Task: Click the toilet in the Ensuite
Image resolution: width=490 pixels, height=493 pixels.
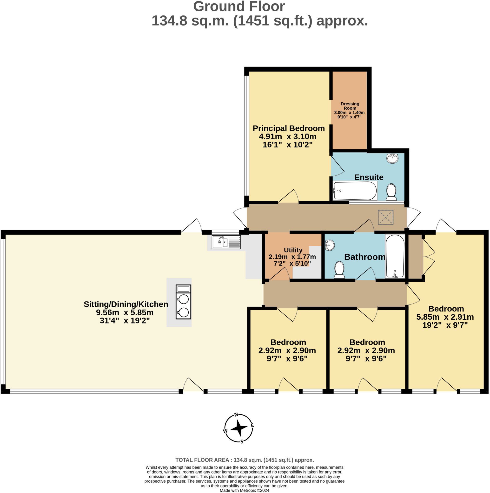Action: coord(391,192)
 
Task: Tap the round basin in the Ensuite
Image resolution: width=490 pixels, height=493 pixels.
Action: coord(392,158)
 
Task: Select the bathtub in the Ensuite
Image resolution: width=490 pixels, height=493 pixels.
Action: coord(355,191)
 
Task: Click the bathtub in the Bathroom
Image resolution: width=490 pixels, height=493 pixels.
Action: coord(395,256)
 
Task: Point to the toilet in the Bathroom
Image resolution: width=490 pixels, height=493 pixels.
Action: coord(339,269)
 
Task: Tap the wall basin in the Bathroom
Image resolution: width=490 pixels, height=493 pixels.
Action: coord(330,246)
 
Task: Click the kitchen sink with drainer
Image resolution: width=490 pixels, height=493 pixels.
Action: coord(226,242)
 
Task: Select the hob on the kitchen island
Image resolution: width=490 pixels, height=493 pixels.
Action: coord(183,302)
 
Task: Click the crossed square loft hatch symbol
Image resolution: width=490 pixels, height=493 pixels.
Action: coord(385,217)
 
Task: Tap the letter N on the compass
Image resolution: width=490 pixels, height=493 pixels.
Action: coord(236,415)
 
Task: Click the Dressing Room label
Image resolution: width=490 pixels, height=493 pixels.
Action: coord(350,106)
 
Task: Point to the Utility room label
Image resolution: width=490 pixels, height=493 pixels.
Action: coord(293,250)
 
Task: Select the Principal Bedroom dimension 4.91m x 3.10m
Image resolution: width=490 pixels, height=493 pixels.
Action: coord(287,136)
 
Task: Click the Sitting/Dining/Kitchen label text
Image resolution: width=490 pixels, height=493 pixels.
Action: coord(126,304)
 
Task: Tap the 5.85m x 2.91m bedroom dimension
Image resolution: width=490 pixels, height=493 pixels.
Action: coord(445,317)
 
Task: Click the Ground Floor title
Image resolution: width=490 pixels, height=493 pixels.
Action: coord(239,7)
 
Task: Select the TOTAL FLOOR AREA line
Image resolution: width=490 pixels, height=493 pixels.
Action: coord(244,460)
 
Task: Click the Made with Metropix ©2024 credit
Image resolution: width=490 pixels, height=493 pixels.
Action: coord(244,490)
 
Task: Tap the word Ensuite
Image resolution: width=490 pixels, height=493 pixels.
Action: coord(369,177)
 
